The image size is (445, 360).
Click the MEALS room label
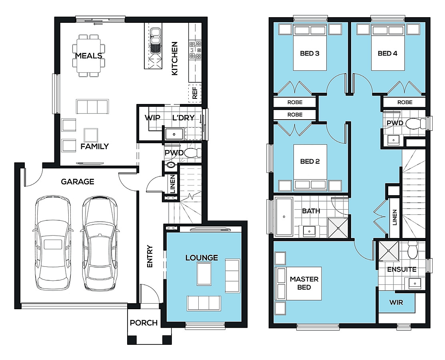[89, 56]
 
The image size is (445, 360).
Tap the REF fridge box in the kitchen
[195, 93]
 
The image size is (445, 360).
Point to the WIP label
[152, 118]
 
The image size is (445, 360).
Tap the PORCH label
[144, 323]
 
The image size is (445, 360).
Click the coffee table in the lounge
[204, 274]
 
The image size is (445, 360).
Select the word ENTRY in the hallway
[150, 256]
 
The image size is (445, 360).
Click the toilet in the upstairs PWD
[416, 124]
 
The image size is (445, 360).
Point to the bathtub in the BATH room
[284, 217]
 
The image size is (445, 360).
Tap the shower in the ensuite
[389, 250]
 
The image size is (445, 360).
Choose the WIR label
[396, 302]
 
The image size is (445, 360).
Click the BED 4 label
[387, 53]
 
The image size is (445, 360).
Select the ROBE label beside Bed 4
[405, 102]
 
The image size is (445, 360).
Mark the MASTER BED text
[304, 283]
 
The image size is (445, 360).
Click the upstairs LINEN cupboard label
[395, 218]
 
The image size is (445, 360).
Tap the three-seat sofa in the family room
[92, 106]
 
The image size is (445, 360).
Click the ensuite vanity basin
[415, 284]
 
